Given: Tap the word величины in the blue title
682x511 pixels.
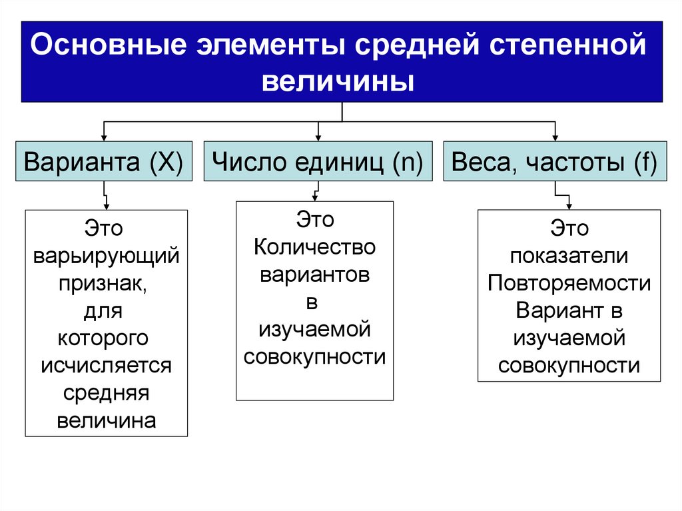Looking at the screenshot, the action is click(339, 83).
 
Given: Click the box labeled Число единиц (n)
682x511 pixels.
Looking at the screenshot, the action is click(318, 162).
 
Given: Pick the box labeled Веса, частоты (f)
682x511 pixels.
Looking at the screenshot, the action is click(554, 162).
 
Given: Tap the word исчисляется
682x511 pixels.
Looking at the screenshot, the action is click(107, 365).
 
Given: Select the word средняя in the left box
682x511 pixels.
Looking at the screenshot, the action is click(107, 392).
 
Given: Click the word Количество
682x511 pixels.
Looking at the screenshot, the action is click(315, 248).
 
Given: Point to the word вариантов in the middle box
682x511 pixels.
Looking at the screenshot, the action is click(315, 275).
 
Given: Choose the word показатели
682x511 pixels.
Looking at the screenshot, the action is click(569, 256).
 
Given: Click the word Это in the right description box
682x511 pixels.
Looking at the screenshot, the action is click(569, 229).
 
